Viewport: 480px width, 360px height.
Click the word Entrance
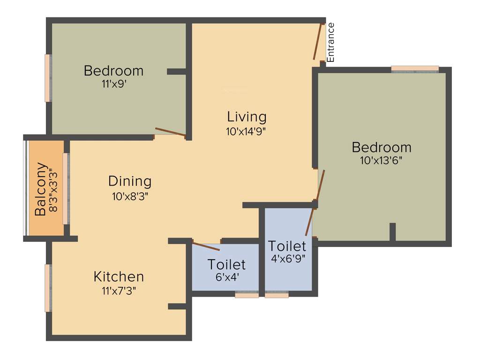click(x=330, y=42)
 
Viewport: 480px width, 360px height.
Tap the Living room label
click(x=247, y=116)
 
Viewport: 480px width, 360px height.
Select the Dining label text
click(x=130, y=181)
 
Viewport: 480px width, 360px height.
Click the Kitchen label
click(x=119, y=276)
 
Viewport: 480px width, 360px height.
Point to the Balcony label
click(x=41, y=189)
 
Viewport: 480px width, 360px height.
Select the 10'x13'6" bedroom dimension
click(x=381, y=160)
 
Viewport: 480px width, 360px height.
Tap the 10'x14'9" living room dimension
click(x=246, y=132)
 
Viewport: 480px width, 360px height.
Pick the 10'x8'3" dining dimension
click(x=130, y=196)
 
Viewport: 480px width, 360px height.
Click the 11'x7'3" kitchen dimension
click(x=119, y=291)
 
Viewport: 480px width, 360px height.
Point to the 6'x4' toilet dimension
click(x=226, y=277)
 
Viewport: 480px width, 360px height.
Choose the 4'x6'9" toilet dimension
click(x=288, y=258)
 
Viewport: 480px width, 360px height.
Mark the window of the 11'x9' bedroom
click(x=47, y=78)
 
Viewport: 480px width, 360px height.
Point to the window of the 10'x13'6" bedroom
click(x=415, y=69)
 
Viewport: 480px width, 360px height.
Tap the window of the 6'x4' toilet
click(x=247, y=295)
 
